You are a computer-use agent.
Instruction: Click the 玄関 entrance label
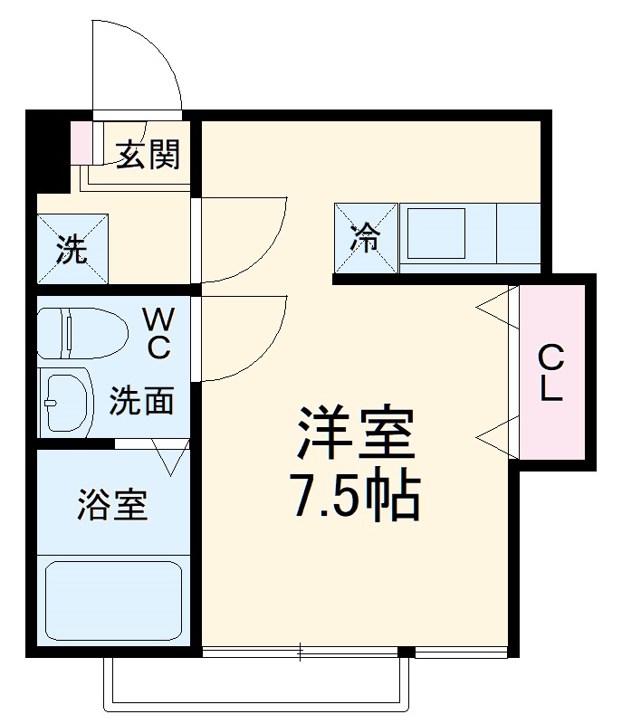click(148, 155)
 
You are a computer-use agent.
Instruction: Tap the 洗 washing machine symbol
click(72, 249)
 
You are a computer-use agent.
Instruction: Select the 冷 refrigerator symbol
click(367, 238)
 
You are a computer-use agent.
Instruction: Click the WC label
click(158, 332)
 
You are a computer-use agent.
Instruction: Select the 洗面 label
click(142, 400)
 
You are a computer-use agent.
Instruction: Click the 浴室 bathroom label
click(112, 505)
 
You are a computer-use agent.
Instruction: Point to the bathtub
click(113, 601)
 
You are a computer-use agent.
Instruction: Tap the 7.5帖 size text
click(354, 493)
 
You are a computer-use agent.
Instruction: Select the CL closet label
click(551, 374)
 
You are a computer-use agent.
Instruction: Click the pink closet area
click(552, 425)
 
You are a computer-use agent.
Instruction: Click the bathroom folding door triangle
click(170, 457)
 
